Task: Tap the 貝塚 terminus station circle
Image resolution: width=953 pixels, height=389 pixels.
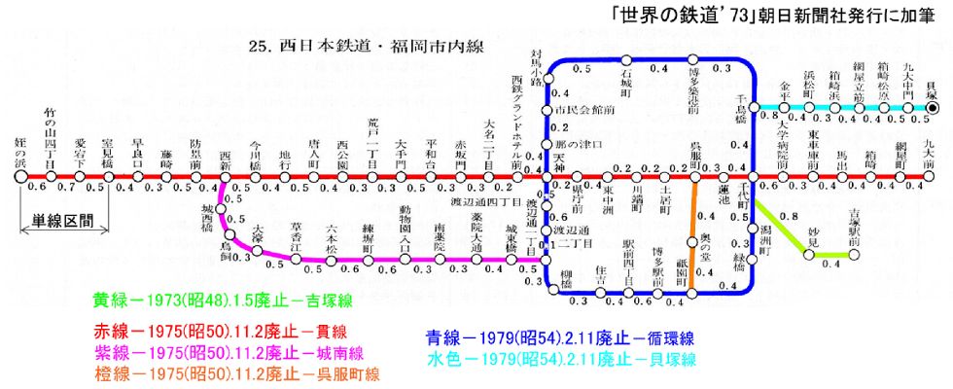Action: [932, 110]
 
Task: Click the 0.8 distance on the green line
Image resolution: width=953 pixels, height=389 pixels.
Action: [790, 217]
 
